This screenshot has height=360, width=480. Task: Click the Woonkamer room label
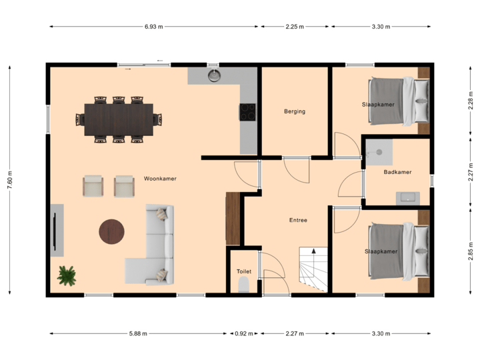(159, 179)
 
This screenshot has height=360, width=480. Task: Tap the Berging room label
(294, 111)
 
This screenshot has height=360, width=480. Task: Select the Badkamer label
(397, 172)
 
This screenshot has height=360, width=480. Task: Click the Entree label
(298, 220)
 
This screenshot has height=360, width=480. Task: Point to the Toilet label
(243, 271)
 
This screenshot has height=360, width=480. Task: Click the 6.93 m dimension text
(153, 27)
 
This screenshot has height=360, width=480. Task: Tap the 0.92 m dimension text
(243, 333)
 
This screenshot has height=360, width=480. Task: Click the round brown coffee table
(112, 231)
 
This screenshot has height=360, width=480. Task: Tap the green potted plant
(67, 275)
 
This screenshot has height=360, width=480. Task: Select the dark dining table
(119, 119)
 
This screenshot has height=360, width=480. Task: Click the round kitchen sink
(214, 75)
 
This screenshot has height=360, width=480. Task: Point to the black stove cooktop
(247, 111)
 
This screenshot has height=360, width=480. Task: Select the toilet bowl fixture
(243, 286)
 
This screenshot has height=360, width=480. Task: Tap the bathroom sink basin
(407, 197)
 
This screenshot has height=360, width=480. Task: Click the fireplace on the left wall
(57, 231)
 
